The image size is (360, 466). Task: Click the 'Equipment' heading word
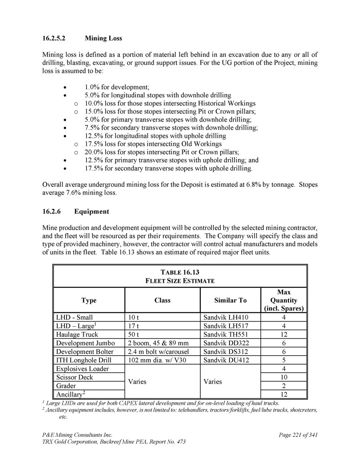(x=92, y=211)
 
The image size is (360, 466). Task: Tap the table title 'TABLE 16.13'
(x=180, y=272)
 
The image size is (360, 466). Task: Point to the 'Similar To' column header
(x=230, y=300)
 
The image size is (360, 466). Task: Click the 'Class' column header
(x=162, y=300)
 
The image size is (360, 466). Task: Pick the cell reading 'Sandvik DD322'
(x=225, y=343)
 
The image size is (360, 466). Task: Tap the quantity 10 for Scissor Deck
(x=284, y=377)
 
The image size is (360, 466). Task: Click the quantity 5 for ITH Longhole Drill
(x=284, y=360)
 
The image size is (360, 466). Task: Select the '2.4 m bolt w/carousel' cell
(x=159, y=352)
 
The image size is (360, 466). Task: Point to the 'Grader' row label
(x=66, y=386)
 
